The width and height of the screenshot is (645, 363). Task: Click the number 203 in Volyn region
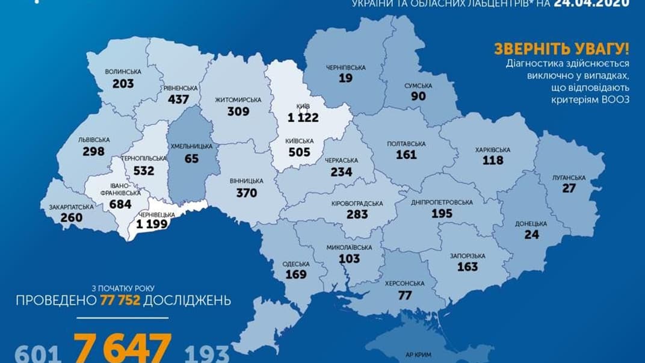pos(123,84)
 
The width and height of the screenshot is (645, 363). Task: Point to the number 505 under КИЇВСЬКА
pos(299,152)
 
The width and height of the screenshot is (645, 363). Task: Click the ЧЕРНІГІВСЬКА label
pos(345,67)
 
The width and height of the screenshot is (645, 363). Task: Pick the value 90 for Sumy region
pos(418,96)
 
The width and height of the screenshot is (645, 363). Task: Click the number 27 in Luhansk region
pos(569,188)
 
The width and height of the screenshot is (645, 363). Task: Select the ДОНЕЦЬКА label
pos(531,223)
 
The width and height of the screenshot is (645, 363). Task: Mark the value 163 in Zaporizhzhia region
pos(467,266)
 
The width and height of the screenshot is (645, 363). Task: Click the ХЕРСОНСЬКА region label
pos(404,283)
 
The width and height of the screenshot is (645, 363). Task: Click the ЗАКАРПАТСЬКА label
pos(71,206)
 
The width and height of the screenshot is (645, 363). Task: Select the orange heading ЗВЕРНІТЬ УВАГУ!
pos(561,49)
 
